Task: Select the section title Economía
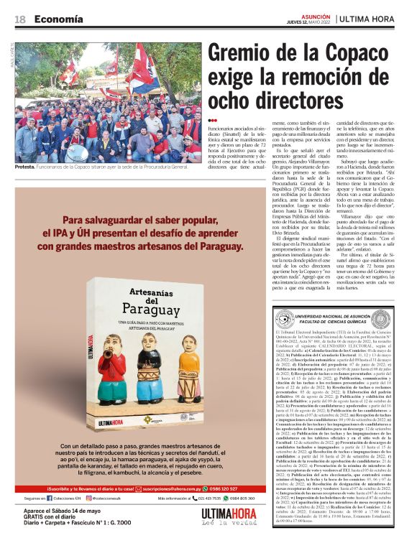tap(58, 19)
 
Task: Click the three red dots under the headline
tap(213, 120)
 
